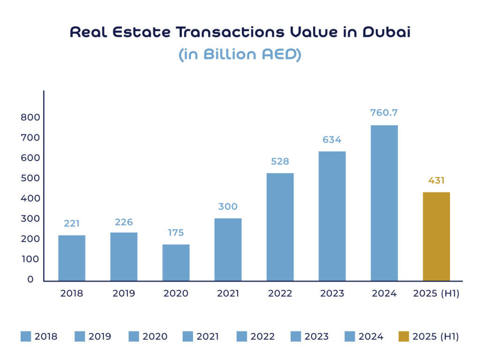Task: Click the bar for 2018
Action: pos(72,258)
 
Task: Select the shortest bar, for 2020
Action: pos(176,262)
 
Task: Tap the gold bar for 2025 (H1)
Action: pos(436,236)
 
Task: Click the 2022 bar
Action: pos(280,227)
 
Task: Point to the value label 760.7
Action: pos(384,113)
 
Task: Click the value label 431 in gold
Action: pos(436,180)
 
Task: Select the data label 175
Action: pos(176,232)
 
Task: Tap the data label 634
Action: pos(332,140)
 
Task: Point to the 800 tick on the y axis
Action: pos(30,118)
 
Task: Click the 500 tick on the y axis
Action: pos(30,178)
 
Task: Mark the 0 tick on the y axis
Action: pos(30,279)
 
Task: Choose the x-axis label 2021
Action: pos(228,294)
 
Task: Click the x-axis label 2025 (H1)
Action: pos(436,294)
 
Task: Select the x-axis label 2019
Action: pos(124,294)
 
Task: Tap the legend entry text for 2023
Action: pos(316,337)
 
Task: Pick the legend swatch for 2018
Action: pos(26,337)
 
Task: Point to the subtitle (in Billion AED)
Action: pos(240,54)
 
